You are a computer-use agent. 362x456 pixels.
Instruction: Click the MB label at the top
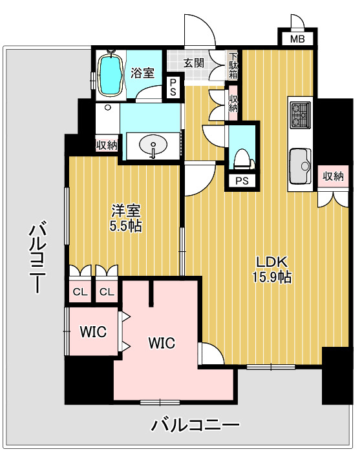(x=297, y=39)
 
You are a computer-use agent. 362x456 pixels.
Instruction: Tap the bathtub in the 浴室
(x=110, y=74)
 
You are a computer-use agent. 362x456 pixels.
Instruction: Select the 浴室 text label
(x=143, y=73)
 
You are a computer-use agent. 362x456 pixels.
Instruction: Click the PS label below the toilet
(x=242, y=181)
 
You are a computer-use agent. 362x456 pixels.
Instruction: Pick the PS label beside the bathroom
(x=173, y=87)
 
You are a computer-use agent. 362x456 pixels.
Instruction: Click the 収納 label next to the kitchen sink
(x=333, y=176)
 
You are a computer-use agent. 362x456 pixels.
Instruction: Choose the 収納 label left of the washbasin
(x=107, y=145)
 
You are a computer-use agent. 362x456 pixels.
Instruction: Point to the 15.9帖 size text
(x=271, y=278)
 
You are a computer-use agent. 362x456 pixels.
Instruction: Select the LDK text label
(x=271, y=262)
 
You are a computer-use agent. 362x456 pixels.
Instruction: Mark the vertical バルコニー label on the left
(x=37, y=257)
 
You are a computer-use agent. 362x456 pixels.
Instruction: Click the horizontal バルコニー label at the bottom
(x=196, y=425)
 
